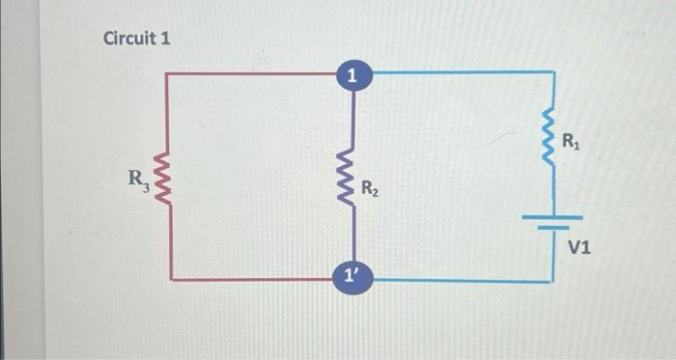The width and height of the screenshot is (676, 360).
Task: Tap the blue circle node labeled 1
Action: coord(353,73)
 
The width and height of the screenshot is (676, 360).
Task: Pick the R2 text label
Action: coord(370,189)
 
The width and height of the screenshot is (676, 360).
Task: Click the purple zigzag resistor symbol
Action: coord(352,176)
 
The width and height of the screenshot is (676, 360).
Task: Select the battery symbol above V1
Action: coord(553,222)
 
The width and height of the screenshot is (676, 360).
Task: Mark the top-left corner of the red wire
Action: coord(168,73)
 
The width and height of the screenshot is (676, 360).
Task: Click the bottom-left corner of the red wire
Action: coord(171,279)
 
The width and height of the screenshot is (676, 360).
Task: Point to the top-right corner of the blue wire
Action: coord(553,72)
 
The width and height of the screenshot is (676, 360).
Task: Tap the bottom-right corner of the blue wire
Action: coord(552,281)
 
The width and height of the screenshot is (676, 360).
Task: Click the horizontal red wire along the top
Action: coord(251,72)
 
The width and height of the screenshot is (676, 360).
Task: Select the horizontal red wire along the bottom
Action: coord(251,279)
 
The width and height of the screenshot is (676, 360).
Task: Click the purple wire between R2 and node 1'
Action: coord(353,236)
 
